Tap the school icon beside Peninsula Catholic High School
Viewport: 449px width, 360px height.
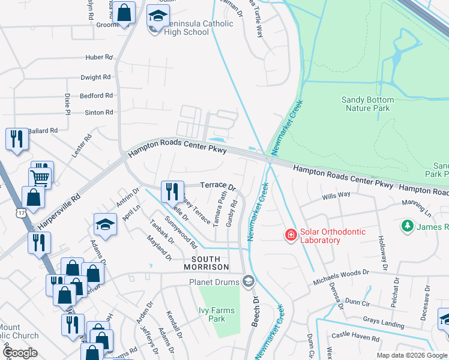click(x=158, y=16)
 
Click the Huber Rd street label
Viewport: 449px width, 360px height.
click(x=99, y=58)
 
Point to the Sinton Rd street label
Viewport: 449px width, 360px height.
click(x=98, y=112)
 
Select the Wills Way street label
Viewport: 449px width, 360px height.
click(x=336, y=194)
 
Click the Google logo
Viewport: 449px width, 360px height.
click(x=20, y=353)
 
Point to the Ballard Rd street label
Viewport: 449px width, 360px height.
click(x=42, y=130)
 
